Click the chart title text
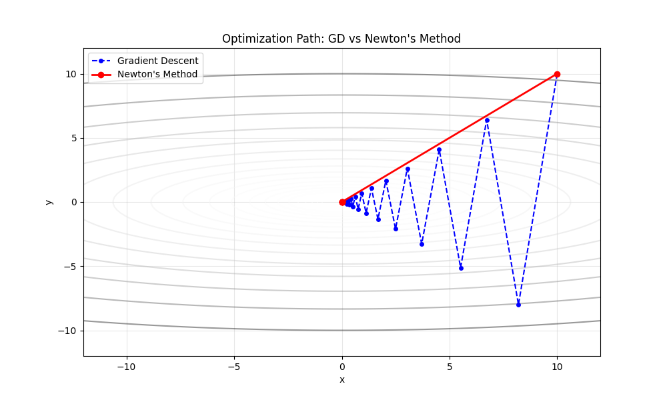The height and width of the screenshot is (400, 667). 342,39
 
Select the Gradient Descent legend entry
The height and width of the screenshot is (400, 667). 157,61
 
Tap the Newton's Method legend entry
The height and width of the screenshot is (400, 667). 157,74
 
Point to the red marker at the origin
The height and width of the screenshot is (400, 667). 342,202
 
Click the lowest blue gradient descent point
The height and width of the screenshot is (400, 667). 518,305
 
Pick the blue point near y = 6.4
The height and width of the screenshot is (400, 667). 487,120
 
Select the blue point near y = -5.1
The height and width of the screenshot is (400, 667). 461,268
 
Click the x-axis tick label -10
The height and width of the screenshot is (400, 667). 126,366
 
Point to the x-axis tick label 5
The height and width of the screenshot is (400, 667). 450,366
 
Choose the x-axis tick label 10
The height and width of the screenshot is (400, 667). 557,366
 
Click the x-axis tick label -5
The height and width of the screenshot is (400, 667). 234,366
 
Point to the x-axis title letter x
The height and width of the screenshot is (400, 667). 342,379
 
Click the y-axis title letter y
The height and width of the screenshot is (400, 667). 49,202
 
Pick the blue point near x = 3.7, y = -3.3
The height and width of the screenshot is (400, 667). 422,244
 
